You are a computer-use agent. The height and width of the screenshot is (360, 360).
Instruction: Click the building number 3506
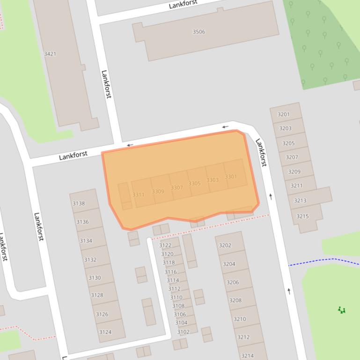[199, 32]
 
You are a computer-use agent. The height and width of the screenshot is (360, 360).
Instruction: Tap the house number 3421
[50, 54]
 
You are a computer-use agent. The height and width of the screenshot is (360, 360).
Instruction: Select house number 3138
[79, 203]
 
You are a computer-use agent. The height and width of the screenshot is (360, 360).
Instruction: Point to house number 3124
[105, 332]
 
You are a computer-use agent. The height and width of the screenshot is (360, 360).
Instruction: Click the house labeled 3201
[284, 114]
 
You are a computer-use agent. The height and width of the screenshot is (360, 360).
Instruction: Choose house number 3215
[302, 216]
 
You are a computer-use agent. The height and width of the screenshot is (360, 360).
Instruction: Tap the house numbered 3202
[225, 245]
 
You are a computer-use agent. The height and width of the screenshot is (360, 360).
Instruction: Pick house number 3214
[247, 356]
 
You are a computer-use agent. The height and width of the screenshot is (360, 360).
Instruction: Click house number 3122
[165, 245]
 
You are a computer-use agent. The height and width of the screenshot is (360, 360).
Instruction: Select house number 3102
[184, 332]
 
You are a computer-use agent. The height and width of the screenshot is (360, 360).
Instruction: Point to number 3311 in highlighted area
[139, 194]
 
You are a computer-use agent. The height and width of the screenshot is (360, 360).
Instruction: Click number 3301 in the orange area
[231, 177]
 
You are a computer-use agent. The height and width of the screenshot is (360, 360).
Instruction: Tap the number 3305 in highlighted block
[195, 184]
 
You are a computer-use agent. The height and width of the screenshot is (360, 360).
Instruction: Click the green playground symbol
[342, 310]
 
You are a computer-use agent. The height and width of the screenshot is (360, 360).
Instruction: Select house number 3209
[294, 172]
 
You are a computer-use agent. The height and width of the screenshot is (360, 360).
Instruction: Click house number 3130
[95, 278]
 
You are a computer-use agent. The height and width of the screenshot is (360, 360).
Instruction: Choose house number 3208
[235, 300]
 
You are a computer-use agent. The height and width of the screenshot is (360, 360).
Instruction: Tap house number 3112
[174, 288]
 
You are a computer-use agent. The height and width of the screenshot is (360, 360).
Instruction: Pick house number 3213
[300, 201]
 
